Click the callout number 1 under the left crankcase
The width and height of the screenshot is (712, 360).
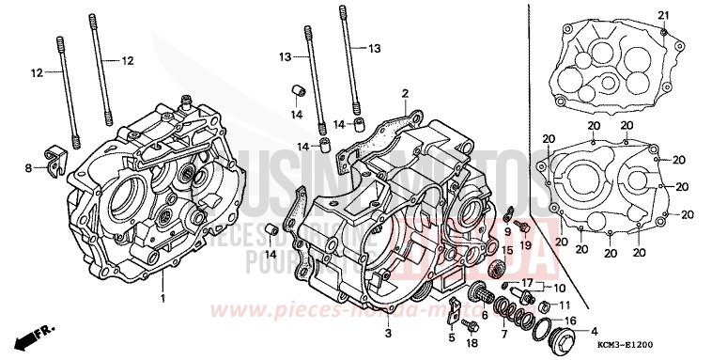point(162,299)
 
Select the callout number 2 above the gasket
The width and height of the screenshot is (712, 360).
point(405,93)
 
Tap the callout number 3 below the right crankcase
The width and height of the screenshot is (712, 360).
point(389,333)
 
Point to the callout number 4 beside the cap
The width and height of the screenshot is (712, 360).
point(593,331)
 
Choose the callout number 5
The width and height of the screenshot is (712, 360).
point(451,337)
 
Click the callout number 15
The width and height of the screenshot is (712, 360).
point(505,249)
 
